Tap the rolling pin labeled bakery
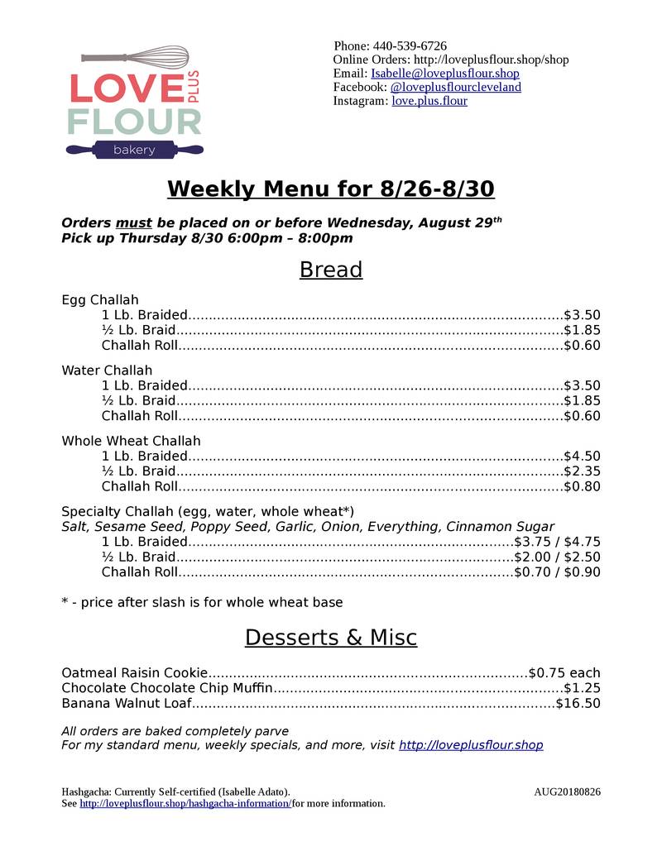pos(134,150)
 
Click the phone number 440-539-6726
pos(410,45)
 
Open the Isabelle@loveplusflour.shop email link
pos(445,74)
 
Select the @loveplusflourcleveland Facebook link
pos(455,87)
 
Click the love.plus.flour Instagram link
pos(429,101)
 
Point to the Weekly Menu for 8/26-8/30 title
pos(331,189)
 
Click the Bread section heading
pos(331,270)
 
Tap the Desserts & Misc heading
pos(331,638)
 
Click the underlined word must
pos(133,222)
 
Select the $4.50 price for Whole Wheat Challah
pos(582,456)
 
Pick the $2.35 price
pos(582,471)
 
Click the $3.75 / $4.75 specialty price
pos(558,542)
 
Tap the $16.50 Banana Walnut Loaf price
pos(578,704)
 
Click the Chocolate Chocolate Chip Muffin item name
pos(167,688)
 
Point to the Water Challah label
pos(107,371)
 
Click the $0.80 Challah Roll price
pos(582,486)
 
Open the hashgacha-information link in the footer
pos(185,804)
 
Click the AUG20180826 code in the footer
pos(567,791)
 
